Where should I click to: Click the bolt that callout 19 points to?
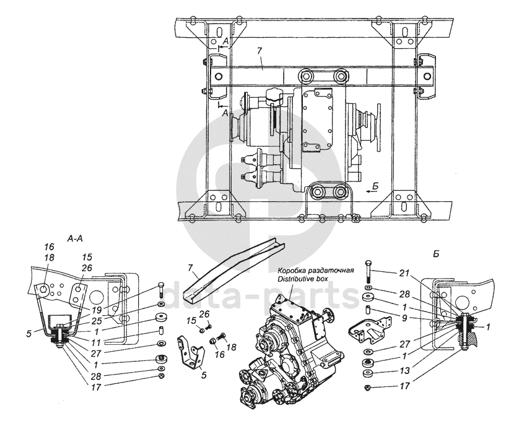(x=160, y=289)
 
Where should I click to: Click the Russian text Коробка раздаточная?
(x=316, y=271)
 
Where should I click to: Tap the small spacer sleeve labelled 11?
(x=160, y=329)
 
